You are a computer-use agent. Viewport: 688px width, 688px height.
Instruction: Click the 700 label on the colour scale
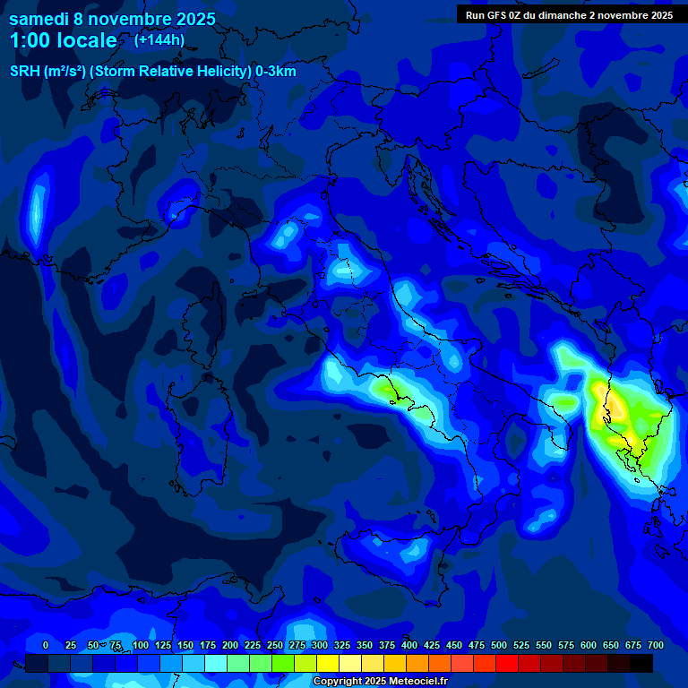point(655,645)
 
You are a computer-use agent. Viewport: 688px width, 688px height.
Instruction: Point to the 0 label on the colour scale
point(46,645)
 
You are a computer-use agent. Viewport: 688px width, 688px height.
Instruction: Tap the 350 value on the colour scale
point(365,645)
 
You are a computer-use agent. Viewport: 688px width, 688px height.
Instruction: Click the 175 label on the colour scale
point(208,645)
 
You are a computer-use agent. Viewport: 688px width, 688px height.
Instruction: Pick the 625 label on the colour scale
point(611,645)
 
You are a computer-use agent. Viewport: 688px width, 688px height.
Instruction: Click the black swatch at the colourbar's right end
point(641,664)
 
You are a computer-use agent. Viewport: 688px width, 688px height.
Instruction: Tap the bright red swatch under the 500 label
point(507,664)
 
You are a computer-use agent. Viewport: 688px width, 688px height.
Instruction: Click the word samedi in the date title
point(39,18)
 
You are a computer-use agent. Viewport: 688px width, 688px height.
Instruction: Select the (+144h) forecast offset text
point(159,39)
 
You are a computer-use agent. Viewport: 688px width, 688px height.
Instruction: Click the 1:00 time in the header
point(30,40)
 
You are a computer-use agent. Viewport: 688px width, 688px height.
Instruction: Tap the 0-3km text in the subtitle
point(276,72)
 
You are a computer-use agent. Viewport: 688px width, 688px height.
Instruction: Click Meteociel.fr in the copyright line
point(417,682)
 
